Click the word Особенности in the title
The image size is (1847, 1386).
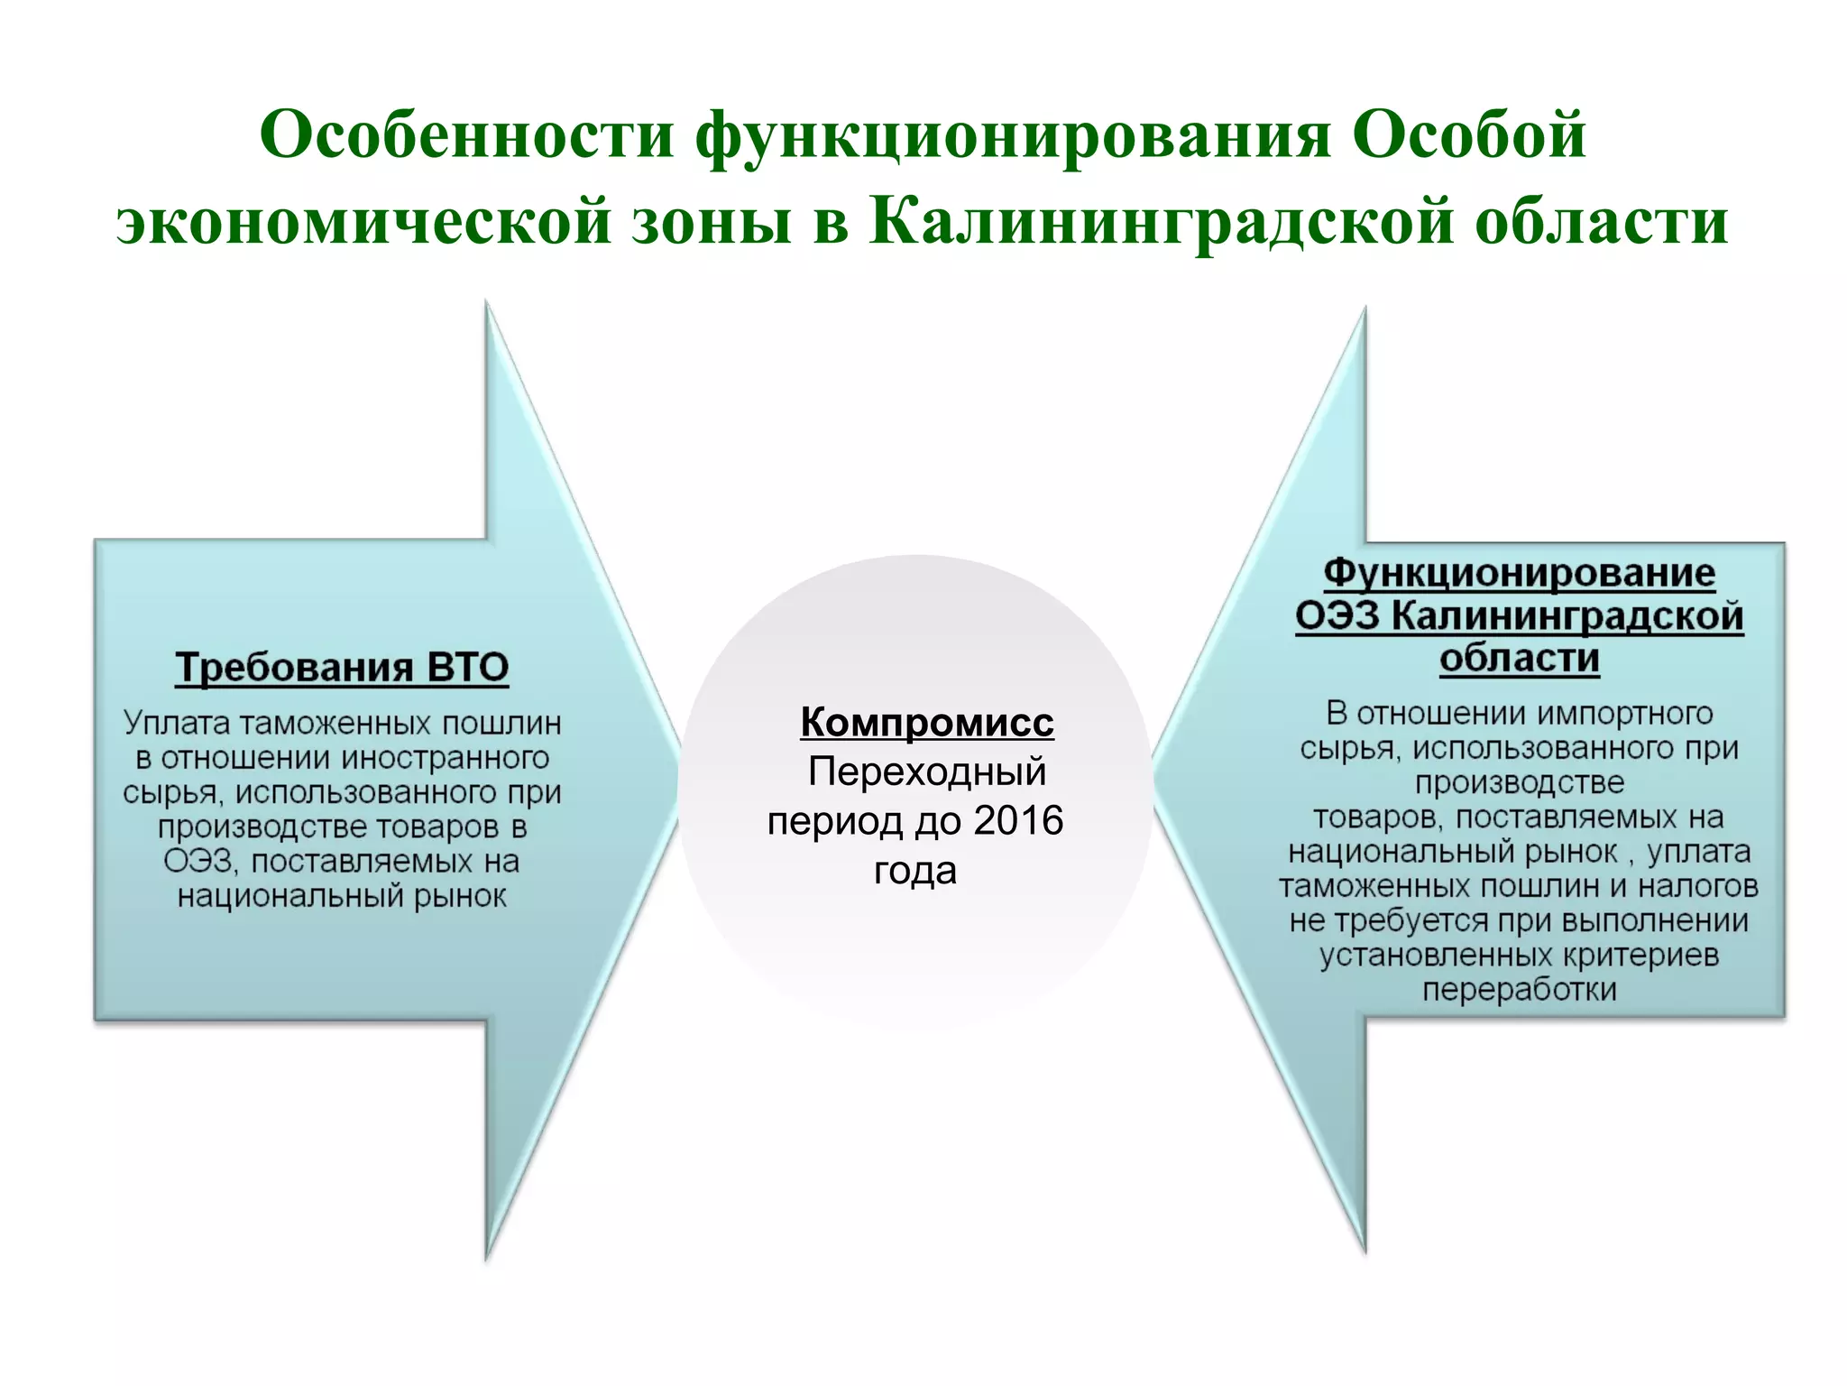point(467,135)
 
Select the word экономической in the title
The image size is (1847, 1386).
point(364,221)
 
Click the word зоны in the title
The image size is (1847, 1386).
point(712,221)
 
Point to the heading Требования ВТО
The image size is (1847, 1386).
point(342,668)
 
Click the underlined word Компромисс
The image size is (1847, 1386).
point(926,722)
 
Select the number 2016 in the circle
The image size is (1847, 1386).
point(1018,821)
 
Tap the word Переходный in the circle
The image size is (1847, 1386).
point(926,772)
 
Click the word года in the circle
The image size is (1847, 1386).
point(914,871)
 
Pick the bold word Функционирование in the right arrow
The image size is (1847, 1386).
point(1520,573)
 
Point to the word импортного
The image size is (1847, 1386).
point(1624,714)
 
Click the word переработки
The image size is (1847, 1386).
point(1520,990)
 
